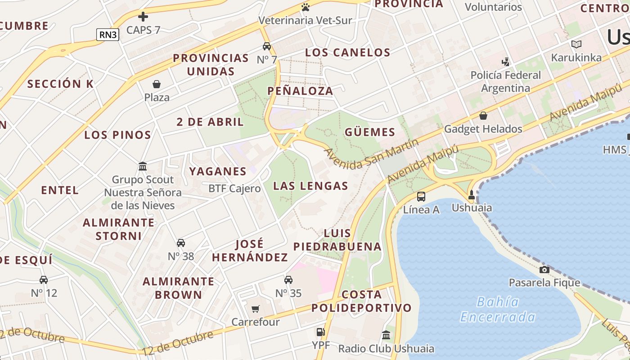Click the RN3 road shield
(x=108, y=35)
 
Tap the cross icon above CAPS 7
(x=143, y=17)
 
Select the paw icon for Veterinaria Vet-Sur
(x=306, y=7)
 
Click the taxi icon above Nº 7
(x=267, y=46)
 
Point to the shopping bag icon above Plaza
(x=157, y=84)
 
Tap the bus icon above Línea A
(x=421, y=196)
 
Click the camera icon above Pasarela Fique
(x=544, y=270)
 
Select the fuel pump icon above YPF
(x=320, y=332)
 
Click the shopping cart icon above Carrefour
(x=255, y=309)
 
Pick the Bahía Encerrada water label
(x=497, y=310)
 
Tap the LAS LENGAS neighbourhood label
(x=310, y=186)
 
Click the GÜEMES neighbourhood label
(x=370, y=132)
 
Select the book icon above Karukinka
(x=576, y=44)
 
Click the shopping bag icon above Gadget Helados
(x=483, y=116)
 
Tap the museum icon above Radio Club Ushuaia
(x=386, y=335)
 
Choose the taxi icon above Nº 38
(x=181, y=243)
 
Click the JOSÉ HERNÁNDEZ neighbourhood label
(x=250, y=251)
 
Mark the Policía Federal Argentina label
(x=505, y=81)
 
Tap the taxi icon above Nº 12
(x=44, y=280)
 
